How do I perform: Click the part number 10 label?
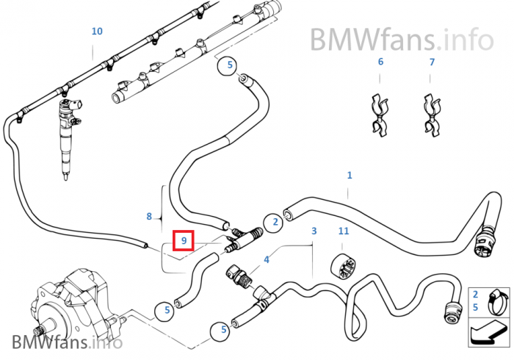(x=97, y=32)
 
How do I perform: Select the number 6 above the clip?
(x=380, y=62)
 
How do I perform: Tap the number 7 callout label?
(x=432, y=62)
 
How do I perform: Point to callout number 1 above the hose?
(x=350, y=175)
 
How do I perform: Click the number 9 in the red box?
(x=183, y=240)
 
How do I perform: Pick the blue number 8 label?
(x=149, y=216)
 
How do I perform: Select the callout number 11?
(x=343, y=231)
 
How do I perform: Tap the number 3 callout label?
(x=314, y=231)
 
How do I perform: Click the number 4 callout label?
(x=267, y=259)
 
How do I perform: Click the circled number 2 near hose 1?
(x=272, y=221)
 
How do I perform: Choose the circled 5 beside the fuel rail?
(x=228, y=65)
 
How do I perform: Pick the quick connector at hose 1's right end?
(x=485, y=243)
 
